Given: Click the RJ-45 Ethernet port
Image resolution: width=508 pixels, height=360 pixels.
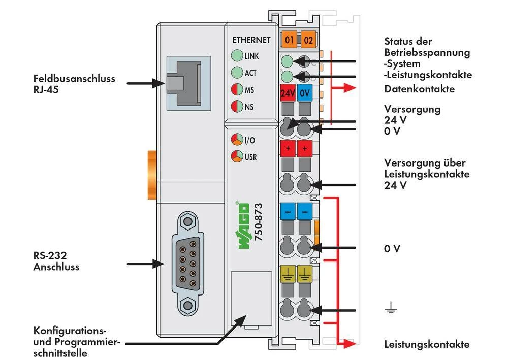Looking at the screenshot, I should coord(183,83).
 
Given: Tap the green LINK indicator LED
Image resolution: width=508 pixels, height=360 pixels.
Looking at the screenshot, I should coord(237,56).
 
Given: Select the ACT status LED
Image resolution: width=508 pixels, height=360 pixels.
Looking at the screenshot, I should coord(237,73).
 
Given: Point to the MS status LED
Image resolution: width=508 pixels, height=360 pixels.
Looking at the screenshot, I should coord(237,90).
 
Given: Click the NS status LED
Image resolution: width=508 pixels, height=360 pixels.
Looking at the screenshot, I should coord(237,107).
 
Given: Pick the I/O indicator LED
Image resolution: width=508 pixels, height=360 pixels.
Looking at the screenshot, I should coord(237,140).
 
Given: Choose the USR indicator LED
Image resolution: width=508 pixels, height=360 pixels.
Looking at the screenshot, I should coord(237,156).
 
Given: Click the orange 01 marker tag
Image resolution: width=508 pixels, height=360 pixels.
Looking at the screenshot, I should coord(289,40).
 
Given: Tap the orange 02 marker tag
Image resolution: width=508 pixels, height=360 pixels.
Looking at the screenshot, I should coord(308,40).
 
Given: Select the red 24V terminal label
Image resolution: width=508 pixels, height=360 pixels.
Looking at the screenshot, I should coord(288,93).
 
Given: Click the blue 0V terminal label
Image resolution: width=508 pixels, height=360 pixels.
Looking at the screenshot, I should coord(305,93).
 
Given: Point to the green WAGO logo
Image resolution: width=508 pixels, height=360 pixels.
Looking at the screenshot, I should coord(244,226).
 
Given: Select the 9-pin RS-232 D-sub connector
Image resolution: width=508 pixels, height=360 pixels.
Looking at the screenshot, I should coord(188,263).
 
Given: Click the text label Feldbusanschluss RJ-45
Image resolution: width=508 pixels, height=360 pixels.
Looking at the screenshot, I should coord(74,84).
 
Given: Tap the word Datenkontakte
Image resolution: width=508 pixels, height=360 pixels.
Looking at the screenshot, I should coord(419,89).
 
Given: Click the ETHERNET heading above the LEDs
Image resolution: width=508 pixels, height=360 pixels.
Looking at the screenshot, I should coord(251,40).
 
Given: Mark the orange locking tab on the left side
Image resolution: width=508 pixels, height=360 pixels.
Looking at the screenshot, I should coord(150,175).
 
